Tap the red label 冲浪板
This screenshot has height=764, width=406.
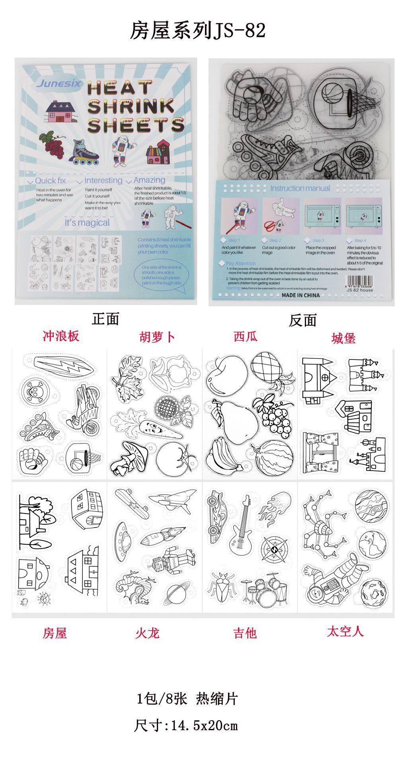click(61, 336)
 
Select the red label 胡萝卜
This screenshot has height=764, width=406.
click(157, 337)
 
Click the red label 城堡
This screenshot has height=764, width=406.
click(343, 338)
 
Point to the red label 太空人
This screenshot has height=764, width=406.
click(345, 631)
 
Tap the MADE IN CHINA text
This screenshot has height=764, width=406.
click(301, 295)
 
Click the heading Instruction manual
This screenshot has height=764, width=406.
click(300, 188)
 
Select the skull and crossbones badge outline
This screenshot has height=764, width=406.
click(33, 391)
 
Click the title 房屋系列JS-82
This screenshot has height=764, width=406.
click(198, 31)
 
